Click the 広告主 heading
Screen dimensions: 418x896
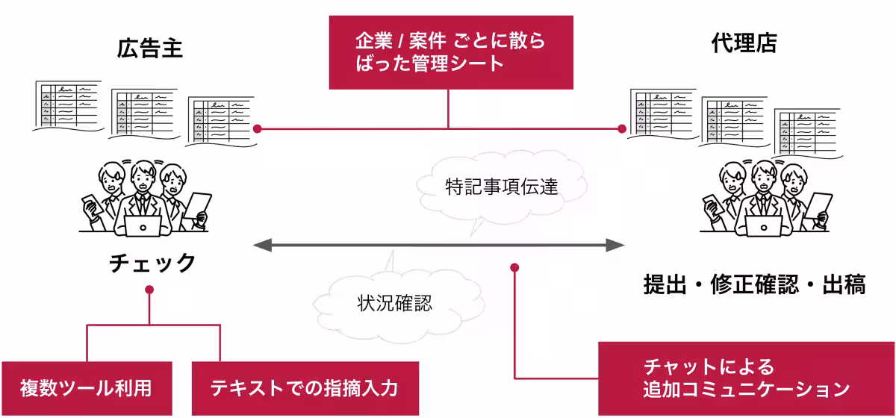(x=150, y=49)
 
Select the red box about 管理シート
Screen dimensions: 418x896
(x=451, y=52)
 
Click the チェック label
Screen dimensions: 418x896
(x=152, y=263)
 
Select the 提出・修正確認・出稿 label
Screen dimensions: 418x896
(x=754, y=284)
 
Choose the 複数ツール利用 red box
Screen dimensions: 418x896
(x=87, y=388)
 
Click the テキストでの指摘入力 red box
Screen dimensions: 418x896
(x=305, y=388)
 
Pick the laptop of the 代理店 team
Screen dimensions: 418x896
(x=763, y=225)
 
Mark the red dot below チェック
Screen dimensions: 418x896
(x=149, y=289)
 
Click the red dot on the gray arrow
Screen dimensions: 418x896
(x=514, y=266)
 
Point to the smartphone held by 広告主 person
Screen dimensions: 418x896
(x=89, y=205)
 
